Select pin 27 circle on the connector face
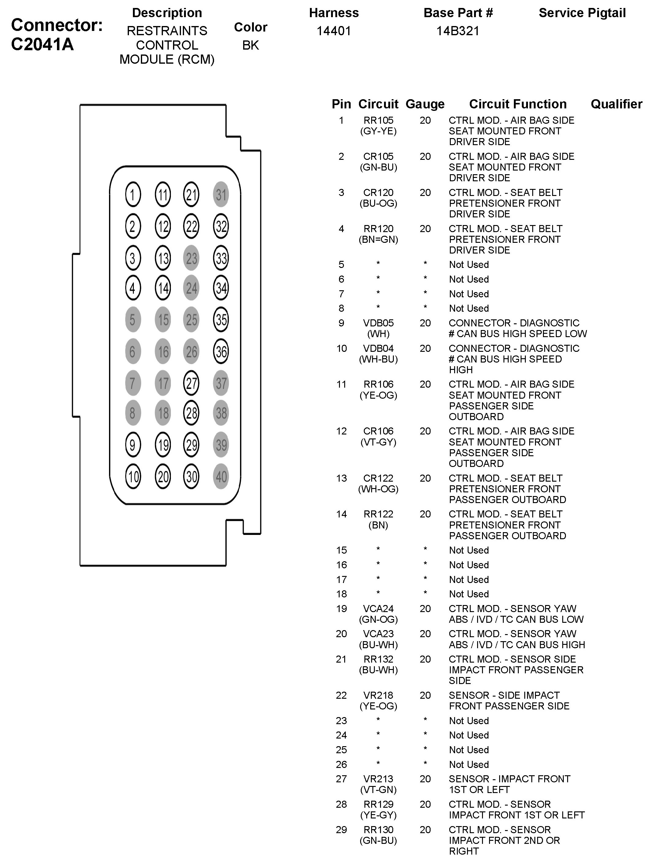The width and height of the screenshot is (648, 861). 191,383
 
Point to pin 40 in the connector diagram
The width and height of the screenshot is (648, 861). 221,476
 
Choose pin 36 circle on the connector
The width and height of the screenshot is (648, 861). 221,352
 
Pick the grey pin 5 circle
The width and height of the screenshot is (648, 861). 133,320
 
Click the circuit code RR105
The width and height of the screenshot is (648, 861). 378,120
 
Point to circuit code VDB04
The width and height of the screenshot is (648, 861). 378,348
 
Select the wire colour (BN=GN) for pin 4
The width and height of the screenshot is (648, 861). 378,239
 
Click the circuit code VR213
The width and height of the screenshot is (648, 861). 378,779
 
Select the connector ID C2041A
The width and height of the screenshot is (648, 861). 42,44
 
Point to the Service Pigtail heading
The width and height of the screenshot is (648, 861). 582,13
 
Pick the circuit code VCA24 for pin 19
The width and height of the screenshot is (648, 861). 378,608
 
